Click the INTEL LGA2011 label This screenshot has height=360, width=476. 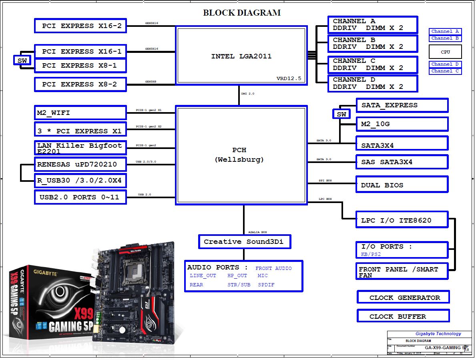click(241, 56)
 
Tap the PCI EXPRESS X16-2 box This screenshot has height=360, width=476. click(80, 26)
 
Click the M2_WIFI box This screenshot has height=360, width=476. click(80, 113)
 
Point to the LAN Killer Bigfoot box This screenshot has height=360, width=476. click(80, 148)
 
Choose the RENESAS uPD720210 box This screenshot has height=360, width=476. click(80, 164)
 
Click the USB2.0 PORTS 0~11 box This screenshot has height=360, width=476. click(80, 197)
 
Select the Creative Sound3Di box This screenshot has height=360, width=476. click(244, 242)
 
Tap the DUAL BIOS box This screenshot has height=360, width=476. click(402, 185)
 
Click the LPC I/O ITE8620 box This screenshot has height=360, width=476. click(402, 220)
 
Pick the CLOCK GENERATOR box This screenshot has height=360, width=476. click(403, 298)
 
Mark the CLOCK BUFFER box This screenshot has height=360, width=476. click(403, 316)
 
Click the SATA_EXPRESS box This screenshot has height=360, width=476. click(402, 105)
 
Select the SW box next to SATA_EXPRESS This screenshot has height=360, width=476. click(341, 115)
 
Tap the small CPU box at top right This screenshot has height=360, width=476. click(445, 52)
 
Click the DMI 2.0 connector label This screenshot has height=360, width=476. click(247, 94)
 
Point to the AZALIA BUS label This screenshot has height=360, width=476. click(257, 232)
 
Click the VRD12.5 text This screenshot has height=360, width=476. click(289, 78)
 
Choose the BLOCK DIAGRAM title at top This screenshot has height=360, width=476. click(242, 13)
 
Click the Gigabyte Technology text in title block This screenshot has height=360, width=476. click(438, 334)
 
